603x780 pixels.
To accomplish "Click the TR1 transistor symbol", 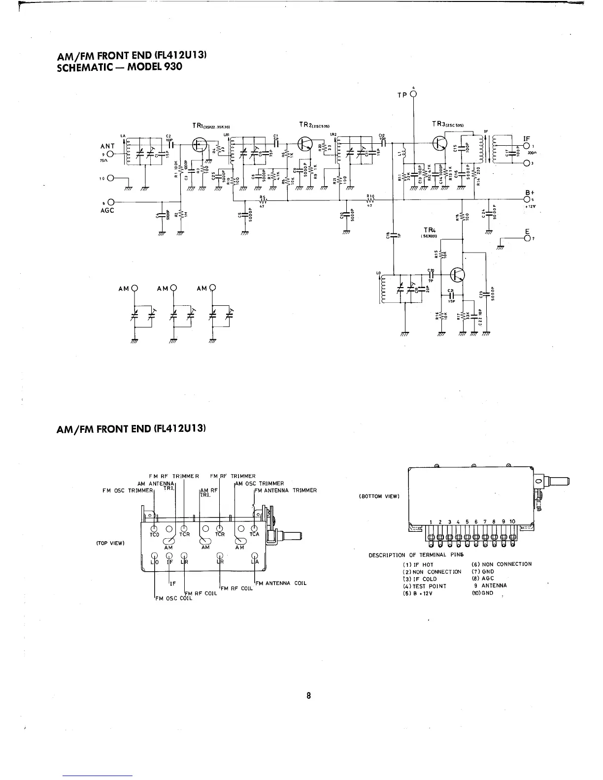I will pos(200,145).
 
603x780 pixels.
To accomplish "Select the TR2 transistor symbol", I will pos(305,143).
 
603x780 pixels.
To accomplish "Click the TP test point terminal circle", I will pos(413,94).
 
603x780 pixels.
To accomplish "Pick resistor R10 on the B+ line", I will pos(370,200).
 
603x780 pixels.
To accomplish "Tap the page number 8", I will pos(308,696).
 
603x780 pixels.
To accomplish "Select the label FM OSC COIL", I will pos(171,599).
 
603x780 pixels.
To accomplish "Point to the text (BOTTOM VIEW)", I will pos(378,496).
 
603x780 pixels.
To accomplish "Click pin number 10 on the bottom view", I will pos(512,521).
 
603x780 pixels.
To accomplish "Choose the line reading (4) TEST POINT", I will pos(425,586).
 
